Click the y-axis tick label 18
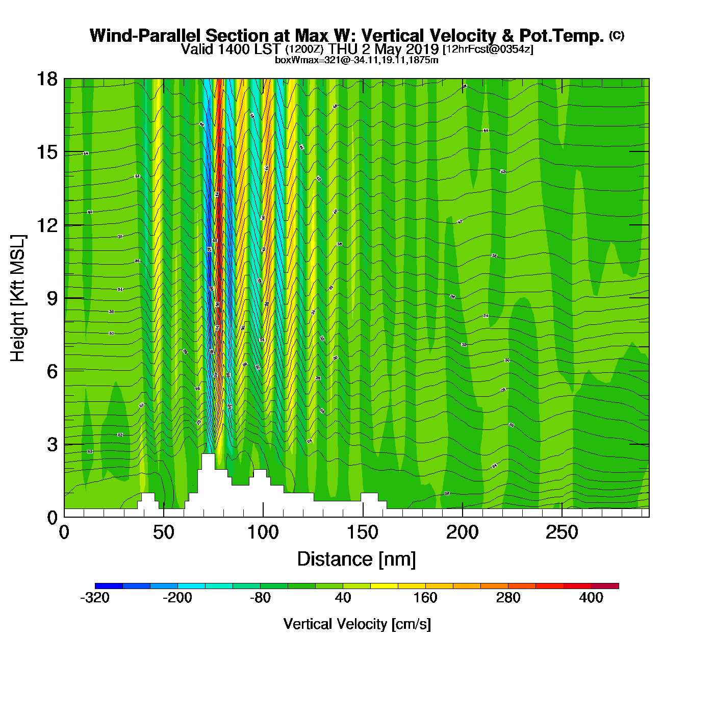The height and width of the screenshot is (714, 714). pos(47,79)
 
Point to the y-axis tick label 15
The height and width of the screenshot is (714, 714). pos(47,152)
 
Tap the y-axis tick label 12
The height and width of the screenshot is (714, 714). pos(47,225)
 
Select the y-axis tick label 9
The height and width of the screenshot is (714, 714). pos(52,298)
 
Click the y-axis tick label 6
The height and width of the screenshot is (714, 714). pos(52,371)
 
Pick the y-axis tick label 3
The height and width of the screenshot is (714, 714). pos(52,444)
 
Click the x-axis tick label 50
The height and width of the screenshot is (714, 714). pos(163,532)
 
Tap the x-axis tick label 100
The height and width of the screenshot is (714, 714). pos(263,532)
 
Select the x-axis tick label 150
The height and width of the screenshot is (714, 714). pos(363,532)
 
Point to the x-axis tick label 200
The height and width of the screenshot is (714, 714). pos(462,532)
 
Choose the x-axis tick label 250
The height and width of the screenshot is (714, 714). pos(562,532)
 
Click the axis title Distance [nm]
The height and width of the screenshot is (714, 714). pos(356,559)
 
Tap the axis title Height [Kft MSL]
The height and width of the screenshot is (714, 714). pos(18,298)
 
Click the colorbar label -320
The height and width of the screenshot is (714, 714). pos(95,598)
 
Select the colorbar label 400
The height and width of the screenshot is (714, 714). pos(591,598)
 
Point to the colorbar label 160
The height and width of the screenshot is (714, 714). pos(425,598)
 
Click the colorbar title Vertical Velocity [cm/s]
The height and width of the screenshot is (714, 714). pos(357,624)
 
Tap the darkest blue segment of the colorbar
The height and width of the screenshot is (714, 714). pos(109,586)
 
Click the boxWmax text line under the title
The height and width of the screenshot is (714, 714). pos(356,60)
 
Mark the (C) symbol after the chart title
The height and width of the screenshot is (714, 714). pos(616,35)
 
